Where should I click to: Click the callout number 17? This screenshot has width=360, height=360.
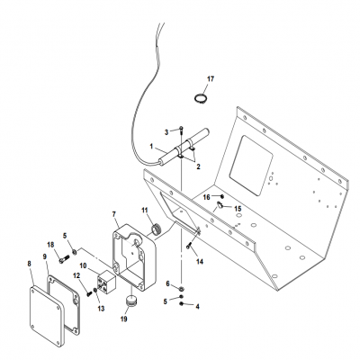pos(211,79)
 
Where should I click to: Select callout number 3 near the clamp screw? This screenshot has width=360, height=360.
pos(165,132)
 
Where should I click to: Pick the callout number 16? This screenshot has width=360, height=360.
pos(206,195)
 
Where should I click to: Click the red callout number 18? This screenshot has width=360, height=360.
pos(50,245)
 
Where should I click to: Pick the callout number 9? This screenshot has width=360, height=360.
pos(45,257)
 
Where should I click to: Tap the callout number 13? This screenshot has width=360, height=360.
pos(101,308)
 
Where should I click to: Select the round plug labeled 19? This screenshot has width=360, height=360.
pos(133,300)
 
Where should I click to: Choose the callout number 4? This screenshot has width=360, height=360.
pos(198,307)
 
